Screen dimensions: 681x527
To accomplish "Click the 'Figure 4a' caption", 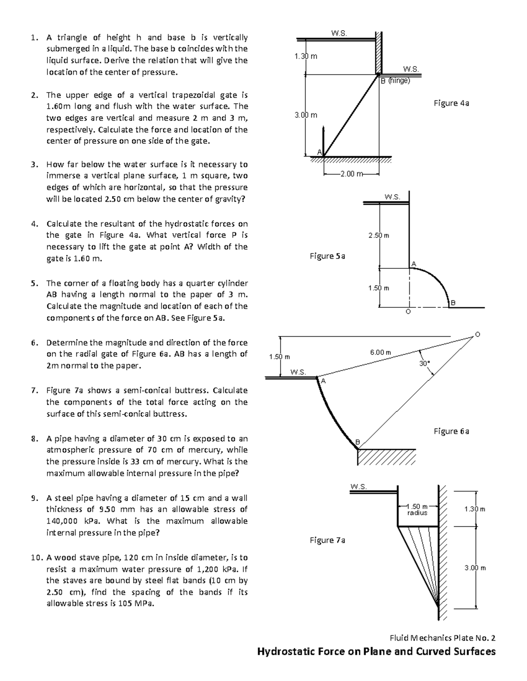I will (x=451, y=103).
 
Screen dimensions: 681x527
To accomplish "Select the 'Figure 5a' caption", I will (x=327, y=256).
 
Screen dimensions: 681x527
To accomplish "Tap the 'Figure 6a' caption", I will (x=451, y=431).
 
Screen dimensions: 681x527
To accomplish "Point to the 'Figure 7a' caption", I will (x=327, y=540).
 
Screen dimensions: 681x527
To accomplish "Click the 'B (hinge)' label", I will (x=395, y=81).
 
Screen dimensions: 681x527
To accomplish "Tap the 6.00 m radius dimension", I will (x=380, y=352).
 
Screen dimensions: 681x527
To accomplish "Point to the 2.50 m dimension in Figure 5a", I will (x=379, y=235).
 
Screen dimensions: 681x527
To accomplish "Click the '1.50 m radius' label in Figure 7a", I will (x=417, y=510).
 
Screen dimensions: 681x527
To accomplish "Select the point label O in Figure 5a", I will (x=408, y=312).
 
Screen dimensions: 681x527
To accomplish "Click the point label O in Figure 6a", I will (x=478, y=335).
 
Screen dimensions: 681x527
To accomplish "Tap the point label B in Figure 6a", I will (x=357, y=442).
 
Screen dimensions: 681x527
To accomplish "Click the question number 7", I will (x=34, y=390).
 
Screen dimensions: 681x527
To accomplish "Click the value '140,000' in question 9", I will (x=62, y=521).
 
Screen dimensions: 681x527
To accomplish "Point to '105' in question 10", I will (x=120, y=603).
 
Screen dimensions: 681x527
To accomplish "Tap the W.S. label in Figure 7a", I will (x=359, y=486).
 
